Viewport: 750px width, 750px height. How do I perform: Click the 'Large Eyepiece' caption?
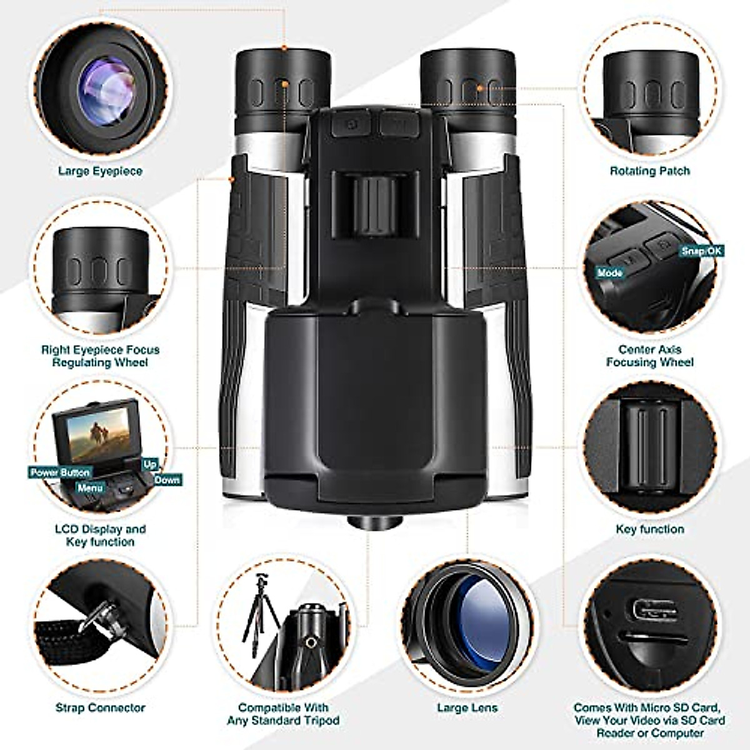point(101,171)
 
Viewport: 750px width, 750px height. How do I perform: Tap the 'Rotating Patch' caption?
point(650,171)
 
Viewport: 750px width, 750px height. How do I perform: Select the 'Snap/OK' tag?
point(702,251)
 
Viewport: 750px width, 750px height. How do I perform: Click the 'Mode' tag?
point(609,273)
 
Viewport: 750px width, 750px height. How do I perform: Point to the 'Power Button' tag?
point(60,472)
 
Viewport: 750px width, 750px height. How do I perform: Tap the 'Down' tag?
point(167,480)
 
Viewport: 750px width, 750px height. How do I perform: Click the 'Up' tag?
point(150,464)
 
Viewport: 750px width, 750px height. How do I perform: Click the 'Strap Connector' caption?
point(101,707)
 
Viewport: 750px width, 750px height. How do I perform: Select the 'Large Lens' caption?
point(467,707)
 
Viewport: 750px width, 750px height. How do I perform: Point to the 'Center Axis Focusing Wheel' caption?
point(650,356)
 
